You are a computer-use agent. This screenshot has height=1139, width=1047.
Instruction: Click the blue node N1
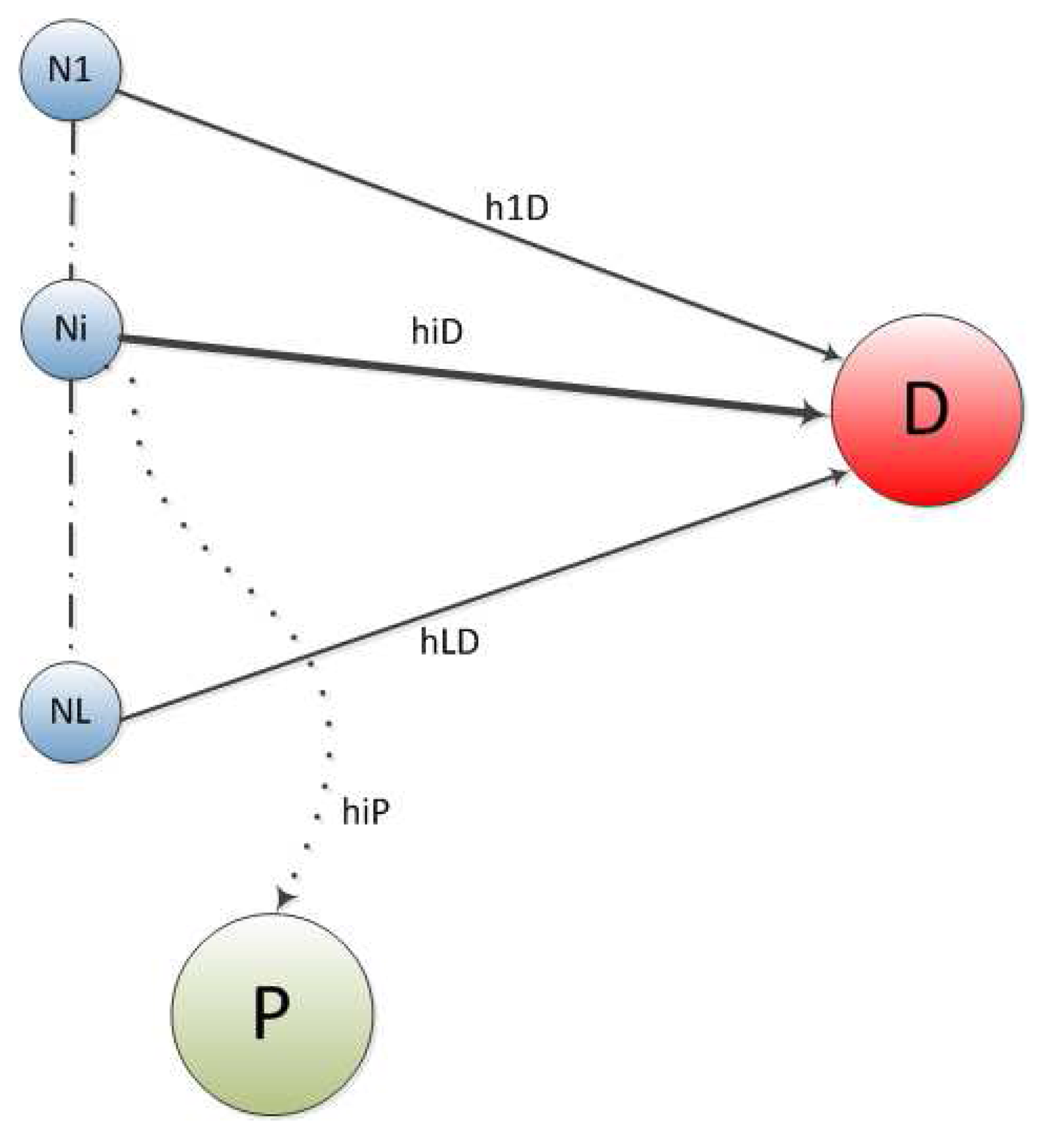(70, 70)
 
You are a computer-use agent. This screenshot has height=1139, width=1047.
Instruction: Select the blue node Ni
(71, 329)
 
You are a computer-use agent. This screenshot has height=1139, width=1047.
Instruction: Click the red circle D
(926, 410)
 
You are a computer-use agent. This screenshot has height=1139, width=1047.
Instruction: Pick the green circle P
(272, 1014)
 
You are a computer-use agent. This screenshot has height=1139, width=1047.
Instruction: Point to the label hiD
(437, 332)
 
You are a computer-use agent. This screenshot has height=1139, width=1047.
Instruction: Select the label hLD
(449, 642)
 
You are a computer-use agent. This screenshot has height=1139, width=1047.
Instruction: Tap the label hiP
(365, 811)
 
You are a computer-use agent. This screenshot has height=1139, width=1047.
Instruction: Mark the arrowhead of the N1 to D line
(832, 354)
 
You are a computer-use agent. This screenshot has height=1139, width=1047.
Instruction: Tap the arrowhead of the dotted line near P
(284, 899)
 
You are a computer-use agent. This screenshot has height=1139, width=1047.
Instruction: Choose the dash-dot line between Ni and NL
(72, 512)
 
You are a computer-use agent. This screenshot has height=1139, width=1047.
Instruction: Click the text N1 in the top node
(70, 70)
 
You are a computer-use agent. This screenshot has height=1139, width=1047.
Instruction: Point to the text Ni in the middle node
(71, 329)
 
